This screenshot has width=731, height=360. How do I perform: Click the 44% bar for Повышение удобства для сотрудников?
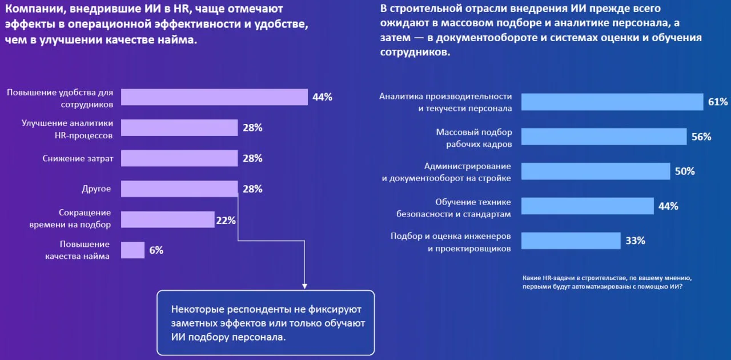[x=214, y=97]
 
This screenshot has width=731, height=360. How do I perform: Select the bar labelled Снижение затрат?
[x=179, y=158]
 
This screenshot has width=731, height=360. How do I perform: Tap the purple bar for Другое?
[x=179, y=189]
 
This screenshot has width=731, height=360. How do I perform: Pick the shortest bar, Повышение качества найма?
[x=132, y=250]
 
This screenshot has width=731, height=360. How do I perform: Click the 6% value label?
[x=156, y=250]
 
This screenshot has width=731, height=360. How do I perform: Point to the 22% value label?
[x=226, y=220]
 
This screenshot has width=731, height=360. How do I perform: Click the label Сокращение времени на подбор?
[x=70, y=219]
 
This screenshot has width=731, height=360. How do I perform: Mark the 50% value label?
[x=685, y=171]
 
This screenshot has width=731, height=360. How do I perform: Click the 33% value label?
[x=635, y=241]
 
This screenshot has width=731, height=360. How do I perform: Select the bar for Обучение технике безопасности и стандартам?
[x=588, y=206]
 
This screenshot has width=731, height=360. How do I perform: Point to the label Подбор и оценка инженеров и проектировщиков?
[x=451, y=242]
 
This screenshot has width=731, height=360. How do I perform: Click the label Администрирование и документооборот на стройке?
[x=446, y=172]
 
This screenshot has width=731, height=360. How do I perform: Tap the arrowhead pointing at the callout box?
[x=304, y=285]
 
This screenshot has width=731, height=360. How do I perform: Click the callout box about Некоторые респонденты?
[x=266, y=323]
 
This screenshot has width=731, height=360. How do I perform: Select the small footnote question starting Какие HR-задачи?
[x=607, y=282]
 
